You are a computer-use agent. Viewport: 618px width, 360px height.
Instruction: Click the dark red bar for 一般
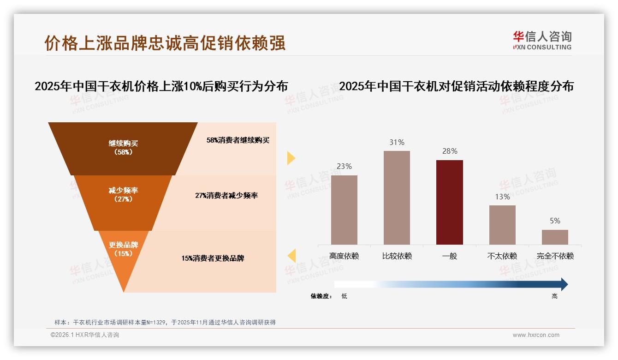pos(449,202)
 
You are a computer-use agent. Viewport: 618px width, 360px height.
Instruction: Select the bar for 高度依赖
pos(344,210)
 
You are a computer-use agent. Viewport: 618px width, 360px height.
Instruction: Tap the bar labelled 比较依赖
pos(397,198)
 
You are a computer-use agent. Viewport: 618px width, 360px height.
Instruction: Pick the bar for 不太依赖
pos(502,225)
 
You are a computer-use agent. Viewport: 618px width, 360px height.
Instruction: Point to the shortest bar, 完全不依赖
pos(555,237)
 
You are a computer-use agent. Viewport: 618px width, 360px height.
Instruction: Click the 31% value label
pos(397,143)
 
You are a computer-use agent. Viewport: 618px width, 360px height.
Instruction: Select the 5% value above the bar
pos(555,221)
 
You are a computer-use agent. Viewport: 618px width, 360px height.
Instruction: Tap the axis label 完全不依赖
pos(555,256)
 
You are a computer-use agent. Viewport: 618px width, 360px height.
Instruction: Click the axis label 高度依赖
pos(344,256)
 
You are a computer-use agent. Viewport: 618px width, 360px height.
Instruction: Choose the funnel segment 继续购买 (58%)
pos(123,148)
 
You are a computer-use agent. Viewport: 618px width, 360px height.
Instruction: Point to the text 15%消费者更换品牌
pos(213,258)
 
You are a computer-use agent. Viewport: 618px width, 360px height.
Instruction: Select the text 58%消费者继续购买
pos(238,140)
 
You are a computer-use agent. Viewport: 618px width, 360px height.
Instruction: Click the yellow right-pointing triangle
pos(291,158)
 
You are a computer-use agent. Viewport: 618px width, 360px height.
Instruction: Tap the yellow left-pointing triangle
pos(291,256)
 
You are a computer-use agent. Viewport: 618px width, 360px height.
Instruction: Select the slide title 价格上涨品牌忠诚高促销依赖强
pos(165,43)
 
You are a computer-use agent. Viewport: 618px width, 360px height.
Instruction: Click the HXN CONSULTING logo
pos(542,41)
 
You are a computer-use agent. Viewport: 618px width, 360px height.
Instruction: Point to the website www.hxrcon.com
pos(536,335)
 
